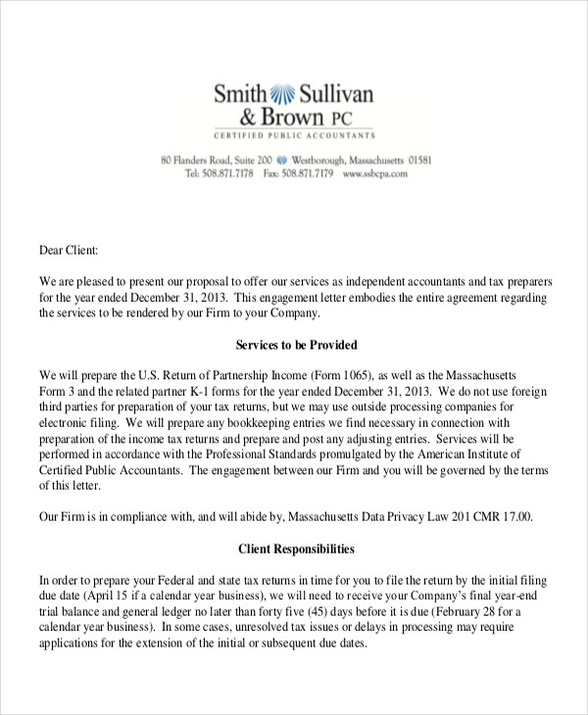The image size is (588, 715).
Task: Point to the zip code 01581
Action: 419,160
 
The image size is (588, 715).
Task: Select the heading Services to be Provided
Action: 297,345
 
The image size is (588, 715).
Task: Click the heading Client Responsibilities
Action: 297,548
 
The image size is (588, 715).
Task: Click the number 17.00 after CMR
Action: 514,516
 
